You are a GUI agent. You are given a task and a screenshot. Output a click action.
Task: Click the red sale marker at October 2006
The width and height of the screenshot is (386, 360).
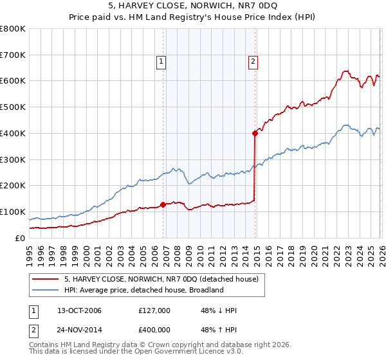click(163, 204)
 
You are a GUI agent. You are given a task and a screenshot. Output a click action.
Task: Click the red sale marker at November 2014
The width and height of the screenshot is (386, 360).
click(255, 133)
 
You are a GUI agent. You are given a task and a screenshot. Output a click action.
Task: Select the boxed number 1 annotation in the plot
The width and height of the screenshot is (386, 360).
click(160, 62)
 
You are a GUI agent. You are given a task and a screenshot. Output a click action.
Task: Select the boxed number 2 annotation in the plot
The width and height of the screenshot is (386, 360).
click(253, 62)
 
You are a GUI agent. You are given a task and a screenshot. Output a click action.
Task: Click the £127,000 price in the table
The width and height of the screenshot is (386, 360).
click(154, 310)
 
